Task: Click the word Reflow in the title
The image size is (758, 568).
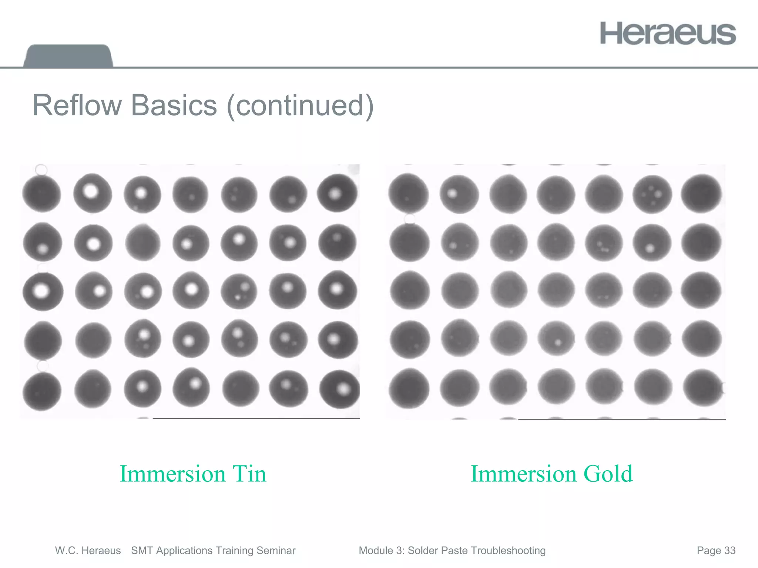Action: click(x=77, y=106)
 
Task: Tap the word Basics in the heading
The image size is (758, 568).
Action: click(x=174, y=106)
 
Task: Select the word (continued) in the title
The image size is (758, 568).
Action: click(x=300, y=106)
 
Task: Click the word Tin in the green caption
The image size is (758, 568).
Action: click(x=249, y=474)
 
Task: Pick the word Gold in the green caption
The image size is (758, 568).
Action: click(x=608, y=474)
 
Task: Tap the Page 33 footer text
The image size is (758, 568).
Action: click(x=716, y=551)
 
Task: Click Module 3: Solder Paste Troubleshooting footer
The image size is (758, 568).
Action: click(x=452, y=551)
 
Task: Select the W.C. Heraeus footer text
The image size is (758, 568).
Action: click(x=88, y=551)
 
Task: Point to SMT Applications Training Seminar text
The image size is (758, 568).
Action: click(x=213, y=551)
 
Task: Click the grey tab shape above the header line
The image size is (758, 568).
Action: click(x=68, y=56)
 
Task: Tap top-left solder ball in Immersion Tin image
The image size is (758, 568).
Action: click(x=41, y=194)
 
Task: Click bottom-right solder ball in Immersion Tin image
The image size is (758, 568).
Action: click(x=339, y=390)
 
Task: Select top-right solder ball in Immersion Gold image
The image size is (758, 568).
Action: click(x=701, y=194)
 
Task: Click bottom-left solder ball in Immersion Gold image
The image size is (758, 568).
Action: click(x=409, y=388)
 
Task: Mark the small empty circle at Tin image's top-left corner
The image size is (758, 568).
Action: click(x=41, y=170)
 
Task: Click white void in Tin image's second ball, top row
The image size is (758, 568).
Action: click(x=91, y=191)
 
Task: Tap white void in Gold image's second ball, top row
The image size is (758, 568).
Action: click(x=452, y=193)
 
